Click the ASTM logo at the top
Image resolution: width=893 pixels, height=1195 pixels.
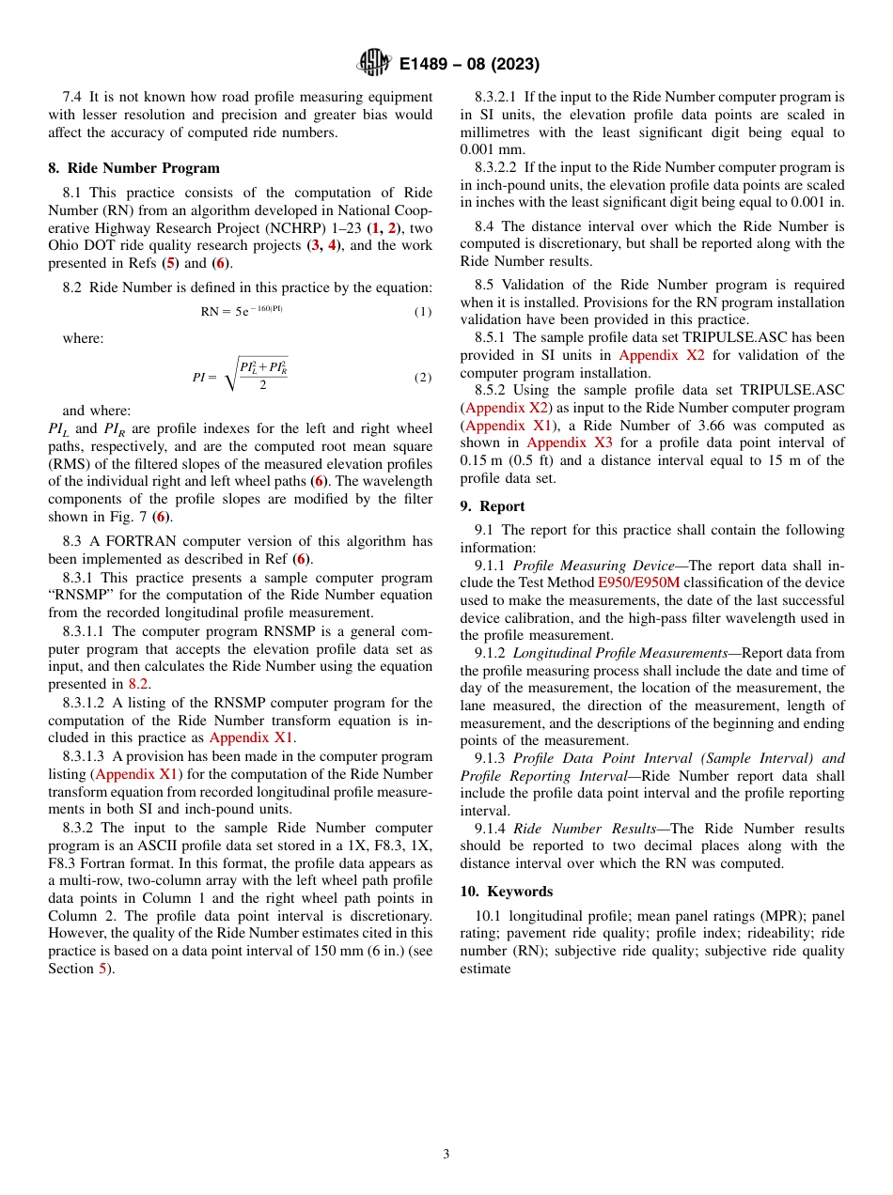pyautogui.click(x=374, y=64)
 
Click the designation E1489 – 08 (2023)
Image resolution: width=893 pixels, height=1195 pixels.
pyautogui.click(x=469, y=65)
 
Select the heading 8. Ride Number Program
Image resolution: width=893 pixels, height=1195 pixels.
pyautogui.click(x=133, y=168)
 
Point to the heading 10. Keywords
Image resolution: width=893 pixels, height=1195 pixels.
pyautogui.click(x=506, y=891)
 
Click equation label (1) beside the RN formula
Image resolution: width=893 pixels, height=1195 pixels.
pyautogui.click(x=423, y=311)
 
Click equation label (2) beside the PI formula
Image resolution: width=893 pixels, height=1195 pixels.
pyautogui.click(x=423, y=377)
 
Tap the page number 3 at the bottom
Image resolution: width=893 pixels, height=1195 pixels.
pyautogui.click(x=446, y=1154)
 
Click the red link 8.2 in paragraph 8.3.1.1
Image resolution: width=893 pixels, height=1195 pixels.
pyautogui.click(x=138, y=684)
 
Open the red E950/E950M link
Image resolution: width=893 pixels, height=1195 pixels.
pyautogui.click(x=638, y=600)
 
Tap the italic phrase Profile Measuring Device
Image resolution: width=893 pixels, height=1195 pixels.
pyautogui.click(x=593, y=566)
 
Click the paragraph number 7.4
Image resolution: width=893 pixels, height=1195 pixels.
pyautogui.click(x=72, y=97)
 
